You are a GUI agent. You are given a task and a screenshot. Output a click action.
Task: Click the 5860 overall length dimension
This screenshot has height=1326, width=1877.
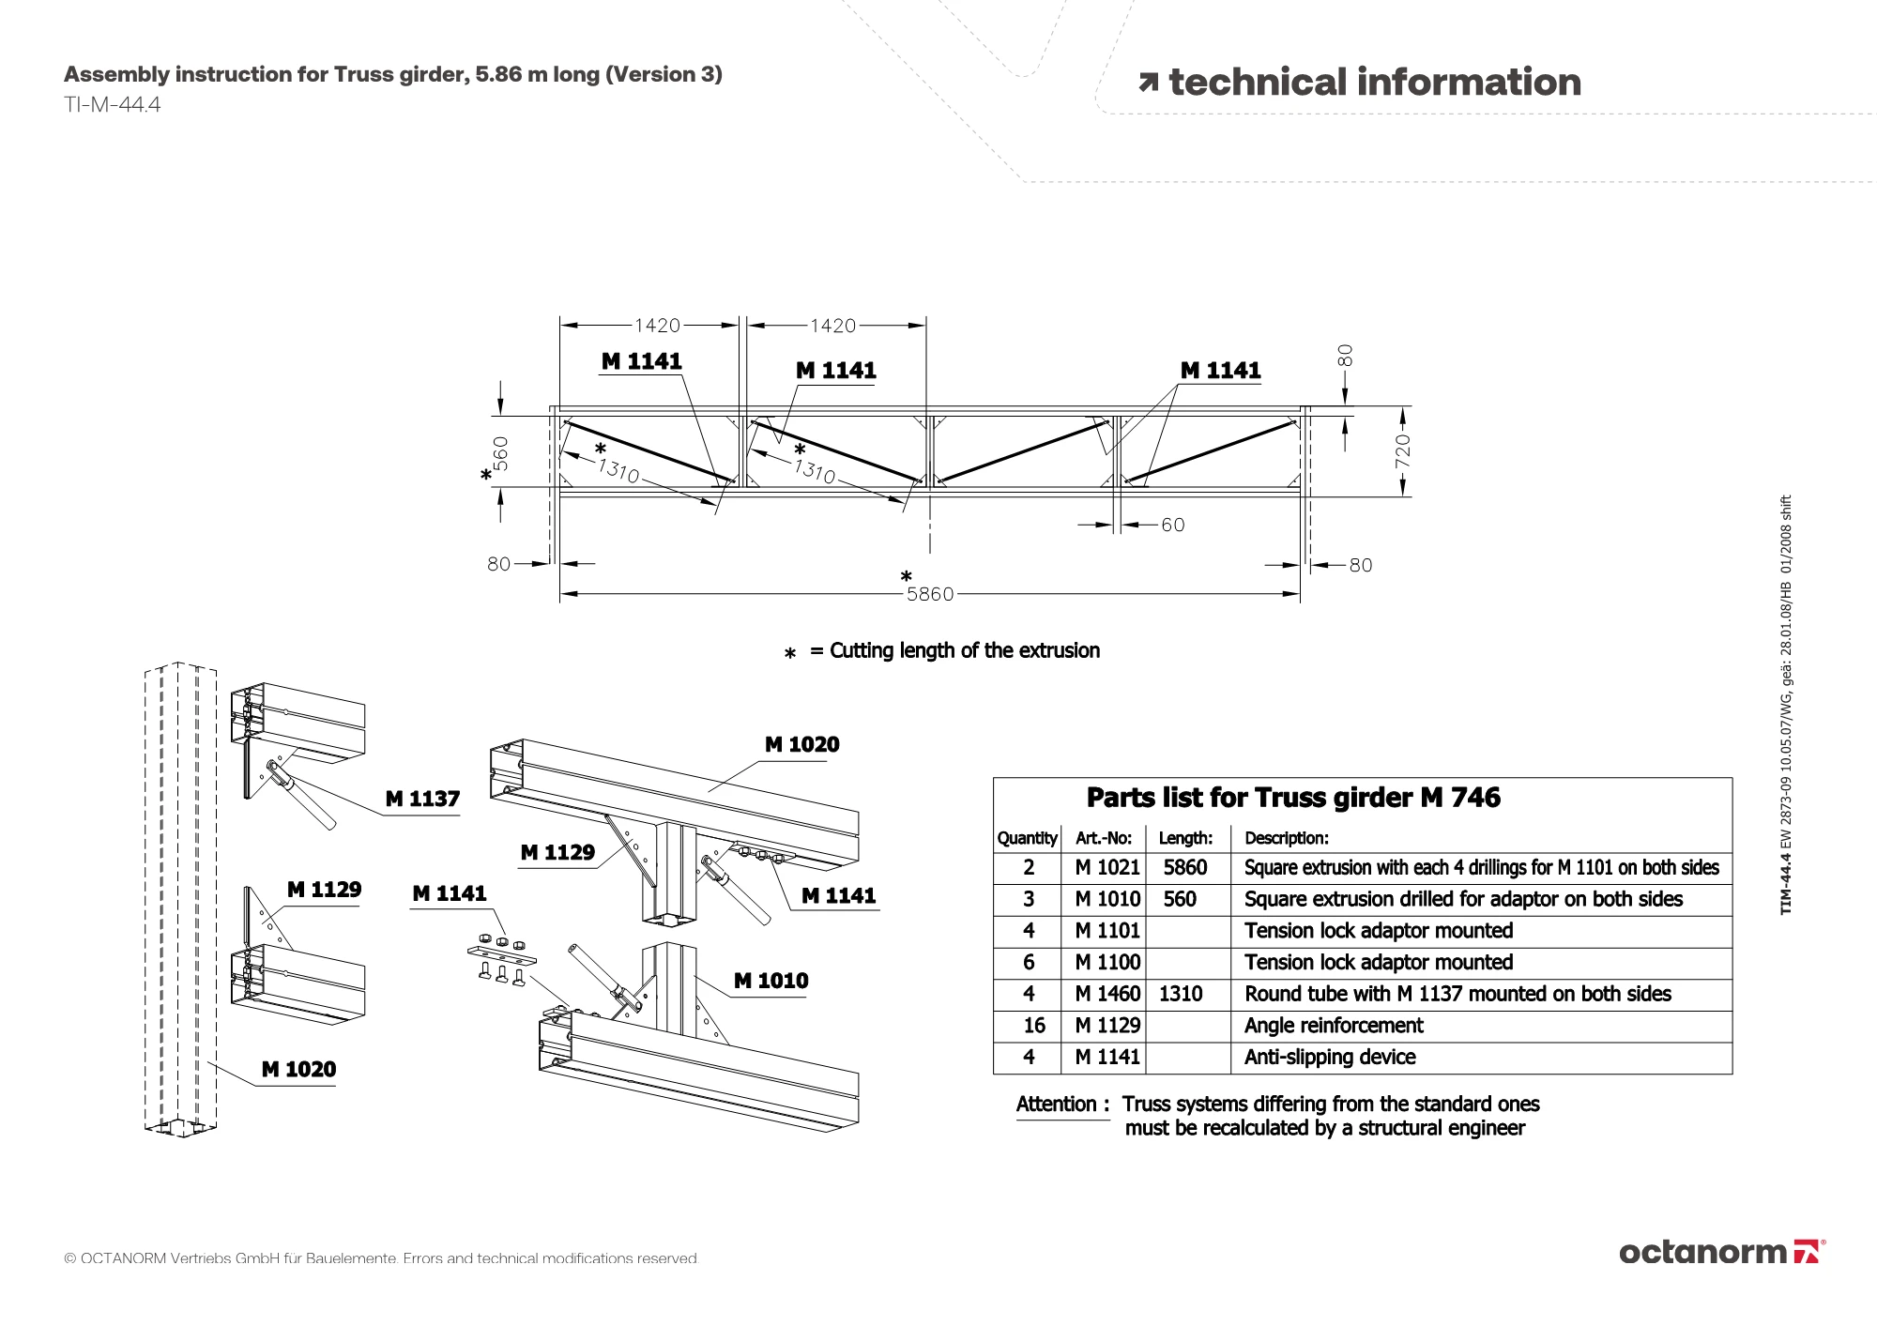(x=929, y=594)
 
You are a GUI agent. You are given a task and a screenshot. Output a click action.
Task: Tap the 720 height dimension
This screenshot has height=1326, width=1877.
(x=1402, y=450)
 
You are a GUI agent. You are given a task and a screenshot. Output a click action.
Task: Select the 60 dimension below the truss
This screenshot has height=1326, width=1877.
(x=1173, y=525)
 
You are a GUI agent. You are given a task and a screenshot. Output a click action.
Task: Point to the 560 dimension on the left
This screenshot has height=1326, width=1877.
(x=501, y=453)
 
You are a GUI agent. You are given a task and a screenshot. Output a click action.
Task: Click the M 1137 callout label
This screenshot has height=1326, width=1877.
(x=422, y=799)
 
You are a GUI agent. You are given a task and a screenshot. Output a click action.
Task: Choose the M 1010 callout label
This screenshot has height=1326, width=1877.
(x=771, y=981)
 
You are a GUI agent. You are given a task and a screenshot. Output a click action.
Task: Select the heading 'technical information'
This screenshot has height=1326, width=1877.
(x=1374, y=83)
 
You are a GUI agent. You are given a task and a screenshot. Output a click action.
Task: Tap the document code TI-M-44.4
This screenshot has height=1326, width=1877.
(x=113, y=105)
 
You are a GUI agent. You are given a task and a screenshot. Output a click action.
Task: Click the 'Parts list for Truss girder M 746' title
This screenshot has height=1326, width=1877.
(x=1293, y=798)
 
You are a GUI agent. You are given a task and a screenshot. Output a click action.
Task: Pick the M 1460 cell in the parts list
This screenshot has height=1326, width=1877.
(x=1107, y=994)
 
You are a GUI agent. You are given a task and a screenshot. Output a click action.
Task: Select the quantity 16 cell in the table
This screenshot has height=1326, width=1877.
(x=1033, y=1026)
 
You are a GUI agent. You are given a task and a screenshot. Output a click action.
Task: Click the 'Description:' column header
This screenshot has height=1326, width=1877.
(x=1287, y=838)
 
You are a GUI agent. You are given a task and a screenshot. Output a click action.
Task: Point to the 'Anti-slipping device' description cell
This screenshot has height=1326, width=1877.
(x=1330, y=1058)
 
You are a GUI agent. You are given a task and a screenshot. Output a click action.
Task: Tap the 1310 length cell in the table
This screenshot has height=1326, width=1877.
(x=1181, y=994)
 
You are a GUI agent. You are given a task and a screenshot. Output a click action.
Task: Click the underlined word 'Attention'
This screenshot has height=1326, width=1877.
(x=1057, y=1105)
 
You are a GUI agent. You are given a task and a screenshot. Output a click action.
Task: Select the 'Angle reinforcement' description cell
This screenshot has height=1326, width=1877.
(x=1334, y=1026)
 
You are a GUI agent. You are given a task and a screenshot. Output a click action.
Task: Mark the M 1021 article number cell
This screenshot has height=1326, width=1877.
(x=1107, y=868)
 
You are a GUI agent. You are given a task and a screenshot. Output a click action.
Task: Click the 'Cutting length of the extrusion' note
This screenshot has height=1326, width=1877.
(x=964, y=651)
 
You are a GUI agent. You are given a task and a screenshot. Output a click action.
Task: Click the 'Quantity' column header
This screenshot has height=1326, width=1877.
(x=1027, y=838)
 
